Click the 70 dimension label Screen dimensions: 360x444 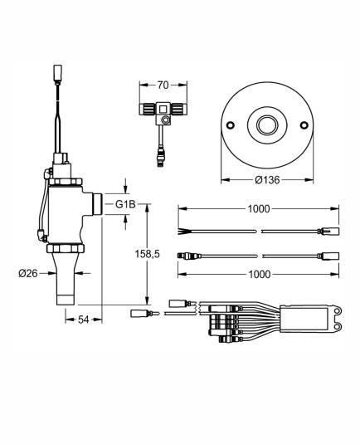pyautogui.click(x=163, y=85)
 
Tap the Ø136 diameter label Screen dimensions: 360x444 pyautogui.click(x=267, y=179)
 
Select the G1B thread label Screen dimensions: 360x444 pyautogui.click(x=125, y=204)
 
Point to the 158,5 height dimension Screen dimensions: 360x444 pyautogui.click(x=147, y=254)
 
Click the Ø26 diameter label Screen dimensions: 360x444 pyautogui.click(x=28, y=273)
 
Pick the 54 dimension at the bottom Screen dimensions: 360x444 pyautogui.click(x=84, y=320)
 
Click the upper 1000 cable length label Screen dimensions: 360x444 pyautogui.click(x=259, y=209)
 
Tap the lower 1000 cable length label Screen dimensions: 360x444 pyautogui.click(x=260, y=274)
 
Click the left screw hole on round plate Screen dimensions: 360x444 pyautogui.click(x=231, y=124)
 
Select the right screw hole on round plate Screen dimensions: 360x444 pyautogui.click(x=304, y=124)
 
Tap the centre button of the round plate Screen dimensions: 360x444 pyautogui.click(x=267, y=124)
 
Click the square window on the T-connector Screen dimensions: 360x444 pyautogui.click(x=163, y=109)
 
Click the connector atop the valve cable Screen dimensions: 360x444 pyautogui.click(x=57, y=73)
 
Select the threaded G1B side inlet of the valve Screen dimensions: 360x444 pyautogui.click(x=96, y=203)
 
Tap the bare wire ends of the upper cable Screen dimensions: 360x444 pyautogui.click(x=182, y=231)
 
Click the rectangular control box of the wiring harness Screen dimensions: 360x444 pyautogui.click(x=304, y=320)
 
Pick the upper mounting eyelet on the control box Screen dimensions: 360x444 pyautogui.click(x=337, y=311)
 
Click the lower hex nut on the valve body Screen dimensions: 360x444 pyautogui.click(x=66, y=249)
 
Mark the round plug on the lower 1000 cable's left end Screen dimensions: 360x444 pyautogui.click(x=181, y=256)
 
